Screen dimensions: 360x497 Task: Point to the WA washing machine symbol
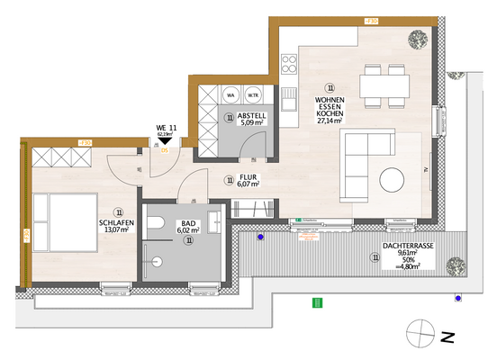pyautogui.click(x=230, y=94)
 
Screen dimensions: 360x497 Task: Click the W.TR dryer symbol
pyautogui.click(x=254, y=94)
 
